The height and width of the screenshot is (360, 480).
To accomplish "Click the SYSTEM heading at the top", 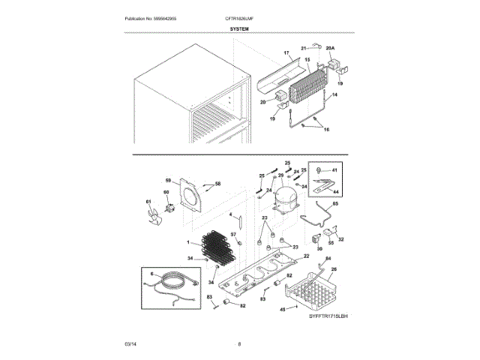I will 239,28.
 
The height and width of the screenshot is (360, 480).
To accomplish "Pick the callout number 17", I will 286,54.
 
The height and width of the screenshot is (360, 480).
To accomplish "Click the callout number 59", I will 169,180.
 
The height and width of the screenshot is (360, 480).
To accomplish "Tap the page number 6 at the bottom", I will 239,343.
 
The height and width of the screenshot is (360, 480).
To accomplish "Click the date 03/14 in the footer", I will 130,343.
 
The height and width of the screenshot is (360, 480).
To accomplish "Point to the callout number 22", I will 306,256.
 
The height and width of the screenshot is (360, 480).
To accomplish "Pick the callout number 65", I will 334,205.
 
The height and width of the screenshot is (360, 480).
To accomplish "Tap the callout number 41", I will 335,171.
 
